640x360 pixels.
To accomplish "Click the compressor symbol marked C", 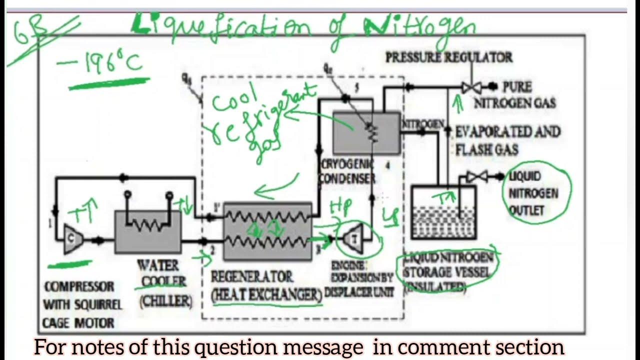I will tap(71, 238).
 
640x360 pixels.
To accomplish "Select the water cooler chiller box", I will tap(147, 231).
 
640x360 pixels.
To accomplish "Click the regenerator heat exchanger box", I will tap(267, 231).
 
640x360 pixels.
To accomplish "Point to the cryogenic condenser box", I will tap(366, 132).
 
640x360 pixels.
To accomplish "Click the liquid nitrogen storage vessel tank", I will tap(443, 212).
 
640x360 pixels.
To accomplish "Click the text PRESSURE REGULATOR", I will tap(448, 57).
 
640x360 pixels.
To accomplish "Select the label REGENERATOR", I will tap(251, 276).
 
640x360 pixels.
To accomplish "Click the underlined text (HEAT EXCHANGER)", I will tap(266, 294).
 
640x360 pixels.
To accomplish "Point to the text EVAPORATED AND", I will tap(507, 132).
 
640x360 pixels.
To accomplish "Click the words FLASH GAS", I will tap(486, 149).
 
